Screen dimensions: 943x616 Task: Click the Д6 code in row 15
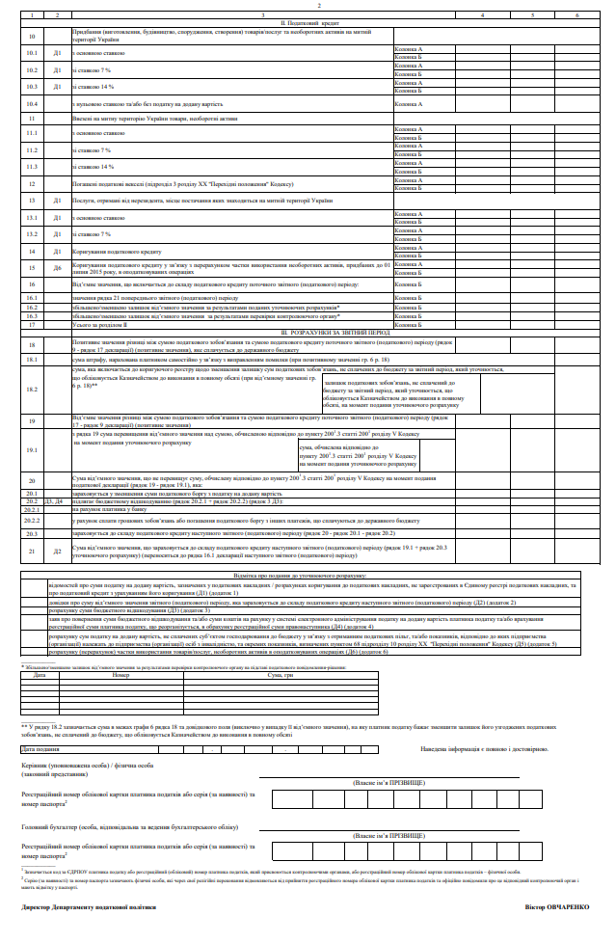(58, 267)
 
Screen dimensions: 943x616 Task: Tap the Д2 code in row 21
(58, 551)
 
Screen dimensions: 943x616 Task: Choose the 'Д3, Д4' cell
(56, 501)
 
